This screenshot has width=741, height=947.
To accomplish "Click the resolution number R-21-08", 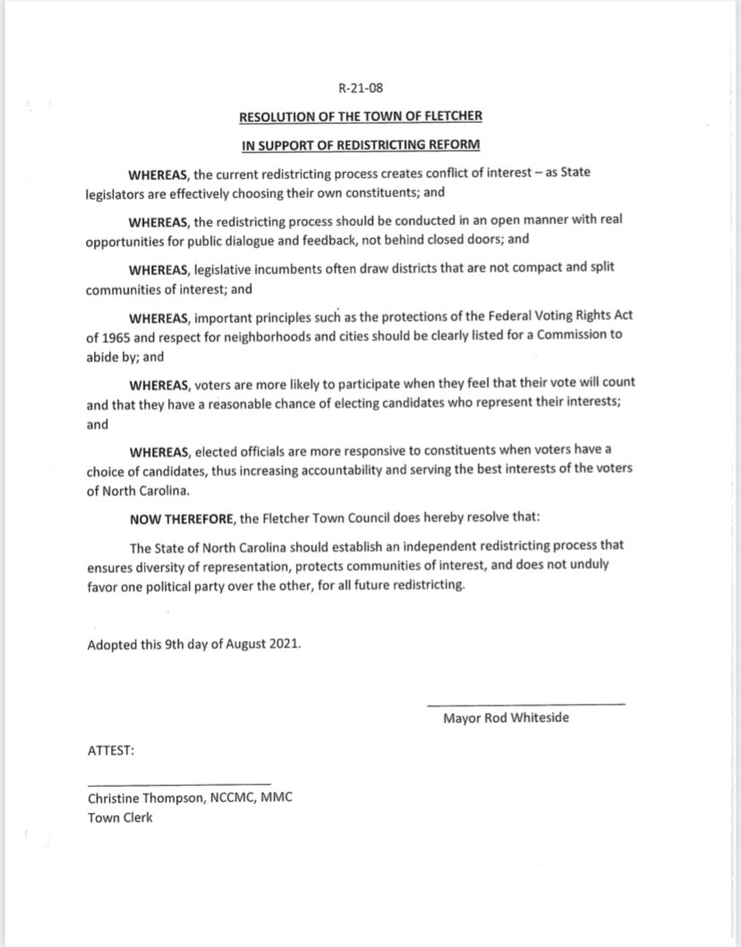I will (371, 90).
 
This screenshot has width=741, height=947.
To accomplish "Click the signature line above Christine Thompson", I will (178, 784).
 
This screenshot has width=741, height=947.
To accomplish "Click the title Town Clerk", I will (120, 817).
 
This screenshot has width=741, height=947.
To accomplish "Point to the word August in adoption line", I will (241, 645).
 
